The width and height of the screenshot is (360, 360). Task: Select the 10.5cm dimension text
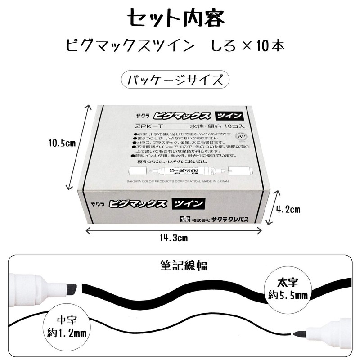62,143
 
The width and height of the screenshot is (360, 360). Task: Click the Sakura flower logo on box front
184,219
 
